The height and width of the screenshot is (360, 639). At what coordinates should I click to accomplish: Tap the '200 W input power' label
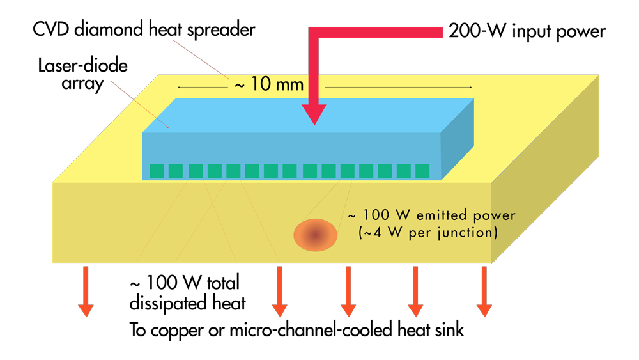525,30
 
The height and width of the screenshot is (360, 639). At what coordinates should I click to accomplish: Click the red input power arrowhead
315,114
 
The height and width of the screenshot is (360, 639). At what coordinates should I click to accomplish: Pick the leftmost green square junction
157,171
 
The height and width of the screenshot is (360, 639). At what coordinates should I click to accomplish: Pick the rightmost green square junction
422,171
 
